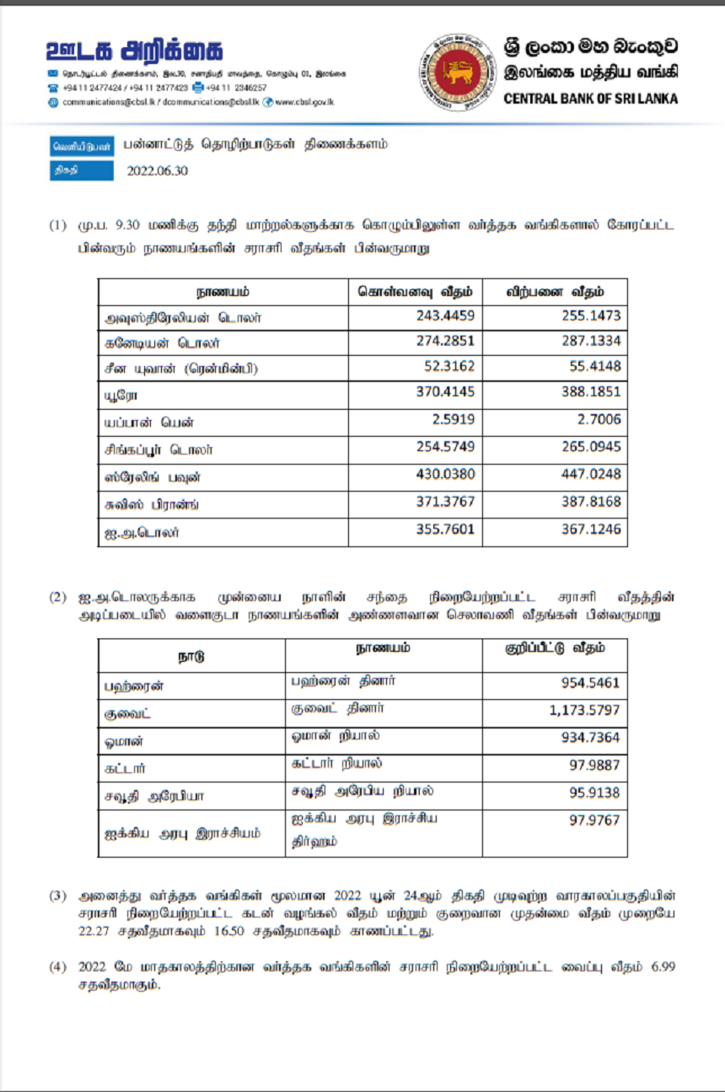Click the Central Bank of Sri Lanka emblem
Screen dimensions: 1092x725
[456, 73]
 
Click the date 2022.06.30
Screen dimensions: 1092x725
[158, 170]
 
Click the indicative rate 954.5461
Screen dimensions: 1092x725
[589, 683]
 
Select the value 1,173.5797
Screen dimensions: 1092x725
[584, 711]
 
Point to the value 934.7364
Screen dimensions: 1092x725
[589, 738]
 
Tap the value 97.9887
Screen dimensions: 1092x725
[594, 766]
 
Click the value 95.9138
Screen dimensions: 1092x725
[594, 793]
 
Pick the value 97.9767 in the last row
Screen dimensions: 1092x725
[594, 820]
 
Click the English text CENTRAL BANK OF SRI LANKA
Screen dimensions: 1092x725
[590, 99]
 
